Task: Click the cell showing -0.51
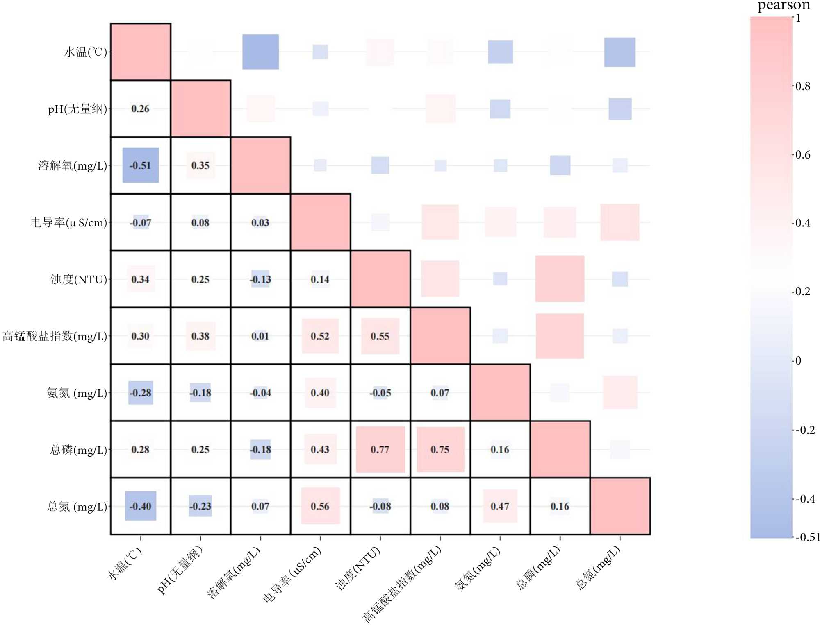pos(140,165)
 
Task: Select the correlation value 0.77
pos(380,449)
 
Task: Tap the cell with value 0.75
pos(440,449)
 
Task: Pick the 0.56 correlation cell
pos(320,506)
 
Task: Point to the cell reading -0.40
pos(140,506)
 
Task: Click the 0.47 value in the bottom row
pos(500,506)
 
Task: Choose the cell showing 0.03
pos(260,222)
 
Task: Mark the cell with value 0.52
pos(320,336)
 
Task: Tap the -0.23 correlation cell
pos(200,506)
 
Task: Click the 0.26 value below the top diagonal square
pos(140,109)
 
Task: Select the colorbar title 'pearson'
pos(784,6)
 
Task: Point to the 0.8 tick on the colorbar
pos(803,86)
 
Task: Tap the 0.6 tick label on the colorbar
pos(803,155)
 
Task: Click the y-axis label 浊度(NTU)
pos(79,279)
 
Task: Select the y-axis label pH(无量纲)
pos(77,109)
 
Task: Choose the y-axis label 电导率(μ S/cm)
pos(69,222)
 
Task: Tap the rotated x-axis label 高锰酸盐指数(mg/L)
pos(402,584)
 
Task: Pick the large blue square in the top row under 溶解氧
pos(260,52)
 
